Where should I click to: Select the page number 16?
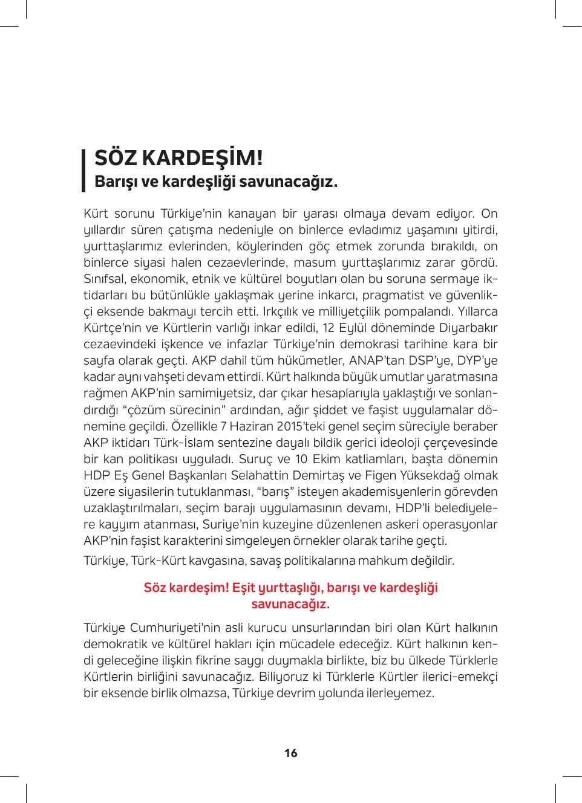291,753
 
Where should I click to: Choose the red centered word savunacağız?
290,604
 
